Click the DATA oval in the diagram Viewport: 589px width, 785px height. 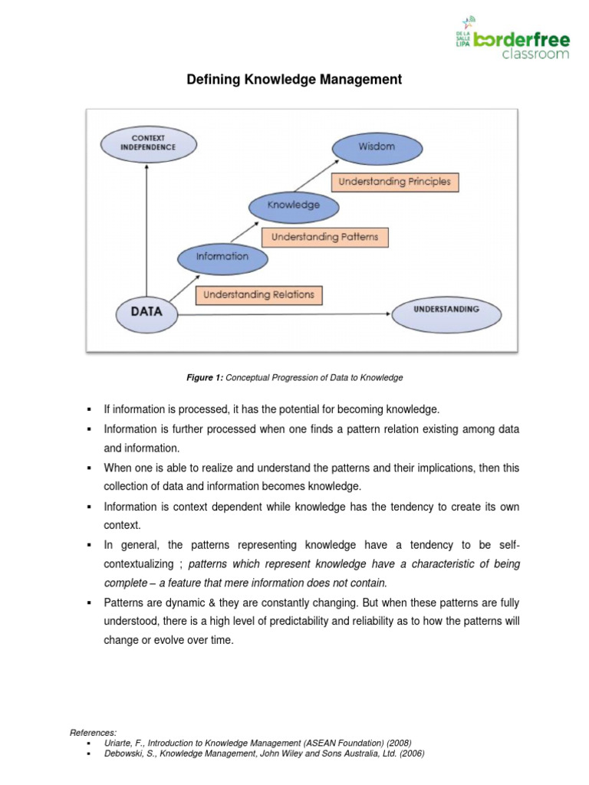pos(146,312)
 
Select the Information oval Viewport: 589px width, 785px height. pos(222,257)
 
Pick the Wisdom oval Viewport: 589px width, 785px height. pos(376,146)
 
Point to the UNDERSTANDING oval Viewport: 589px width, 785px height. pos(446,310)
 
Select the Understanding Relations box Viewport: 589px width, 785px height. pos(258,294)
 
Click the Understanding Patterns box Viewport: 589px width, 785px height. pos(325,237)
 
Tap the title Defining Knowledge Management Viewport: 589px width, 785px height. pos(294,80)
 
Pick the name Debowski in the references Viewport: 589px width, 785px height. pos(120,754)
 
